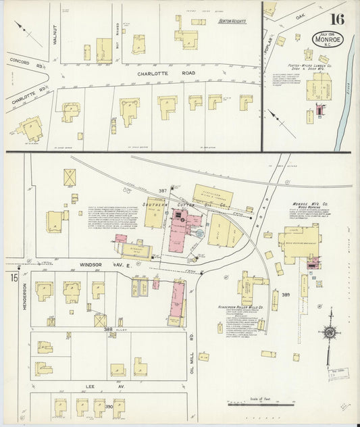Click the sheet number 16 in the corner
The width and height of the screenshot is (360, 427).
337,18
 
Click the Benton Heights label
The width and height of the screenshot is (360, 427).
232,22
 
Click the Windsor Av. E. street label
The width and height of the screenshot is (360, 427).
100,265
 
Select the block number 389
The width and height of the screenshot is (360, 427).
286,295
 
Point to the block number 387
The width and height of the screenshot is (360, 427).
162,191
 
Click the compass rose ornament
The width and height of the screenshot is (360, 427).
330,332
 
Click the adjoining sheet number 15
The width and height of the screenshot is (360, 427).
13,278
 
